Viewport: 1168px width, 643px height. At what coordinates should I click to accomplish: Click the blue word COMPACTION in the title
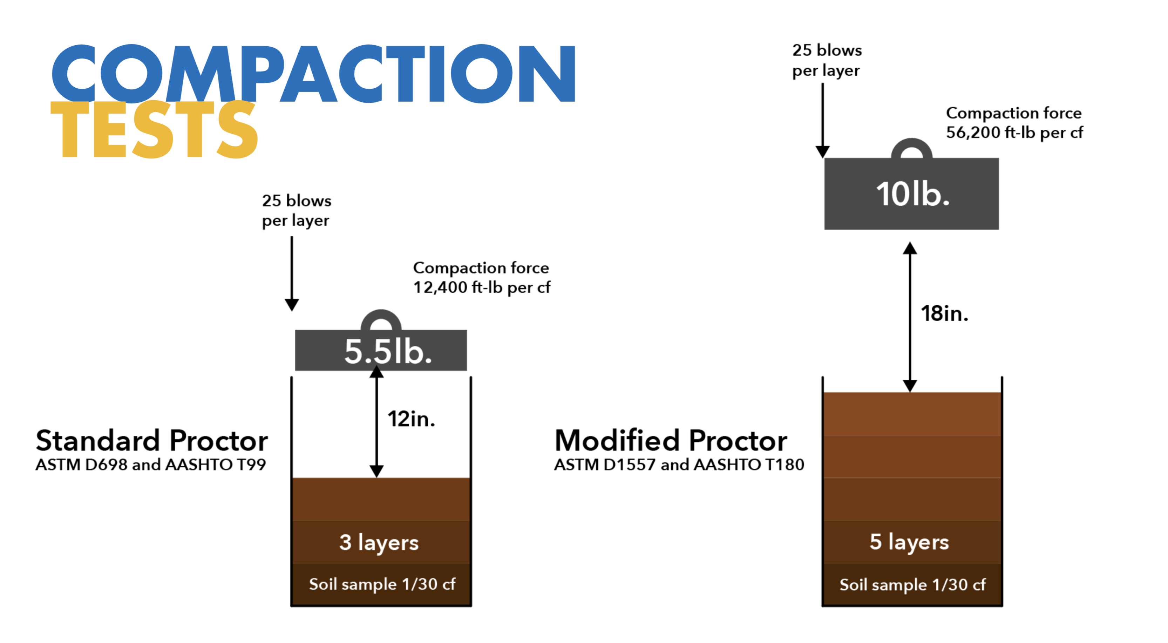[313, 74]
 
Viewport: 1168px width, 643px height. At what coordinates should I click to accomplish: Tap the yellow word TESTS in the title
[154, 129]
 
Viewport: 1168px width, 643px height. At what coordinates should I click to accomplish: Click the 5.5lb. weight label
[388, 351]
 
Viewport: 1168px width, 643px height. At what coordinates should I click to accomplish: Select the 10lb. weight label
[912, 194]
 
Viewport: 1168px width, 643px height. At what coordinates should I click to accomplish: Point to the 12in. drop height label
[411, 419]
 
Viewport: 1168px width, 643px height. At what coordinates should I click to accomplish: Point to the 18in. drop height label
[944, 313]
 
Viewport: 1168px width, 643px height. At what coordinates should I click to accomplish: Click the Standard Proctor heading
[152, 440]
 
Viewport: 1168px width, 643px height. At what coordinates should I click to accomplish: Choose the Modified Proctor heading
[671, 440]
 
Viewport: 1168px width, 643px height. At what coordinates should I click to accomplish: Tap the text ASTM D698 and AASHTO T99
[150, 465]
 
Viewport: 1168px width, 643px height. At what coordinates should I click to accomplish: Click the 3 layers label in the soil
[379, 543]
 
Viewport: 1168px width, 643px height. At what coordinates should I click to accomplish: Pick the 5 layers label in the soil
[909, 542]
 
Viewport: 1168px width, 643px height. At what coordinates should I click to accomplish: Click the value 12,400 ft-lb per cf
[482, 287]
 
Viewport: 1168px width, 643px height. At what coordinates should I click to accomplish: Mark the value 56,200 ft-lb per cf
[1014, 133]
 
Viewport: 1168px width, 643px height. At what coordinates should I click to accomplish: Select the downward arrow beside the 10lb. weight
[822, 121]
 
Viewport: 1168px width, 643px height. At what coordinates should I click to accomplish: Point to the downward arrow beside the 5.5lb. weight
[292, 274]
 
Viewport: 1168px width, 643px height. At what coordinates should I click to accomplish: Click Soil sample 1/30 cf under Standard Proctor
[382, 584]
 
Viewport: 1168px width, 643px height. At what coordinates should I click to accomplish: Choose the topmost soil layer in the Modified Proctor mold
[912, 414]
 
